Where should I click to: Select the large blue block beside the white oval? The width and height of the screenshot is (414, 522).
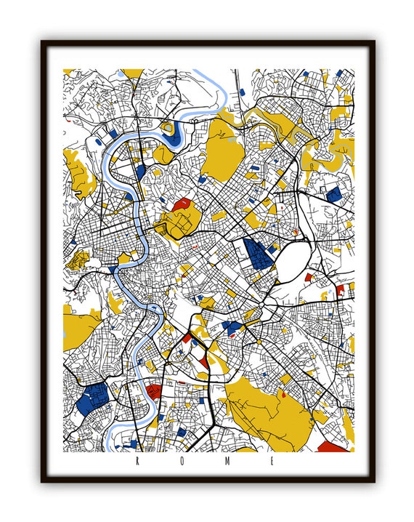pos(259,254)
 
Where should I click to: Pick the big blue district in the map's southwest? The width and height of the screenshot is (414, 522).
pos(91,398)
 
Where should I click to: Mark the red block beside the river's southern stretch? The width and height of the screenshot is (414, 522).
pos(154,393)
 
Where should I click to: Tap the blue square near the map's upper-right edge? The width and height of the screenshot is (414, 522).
pos(333,194)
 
